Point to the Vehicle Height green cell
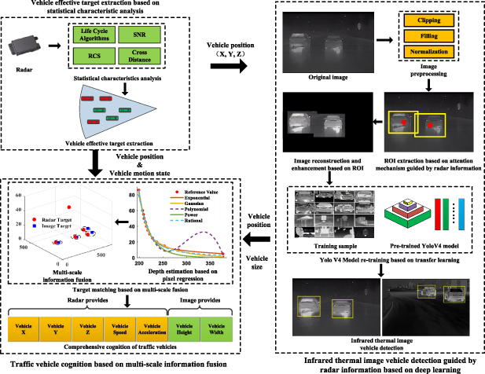click(x=182, y=326)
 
